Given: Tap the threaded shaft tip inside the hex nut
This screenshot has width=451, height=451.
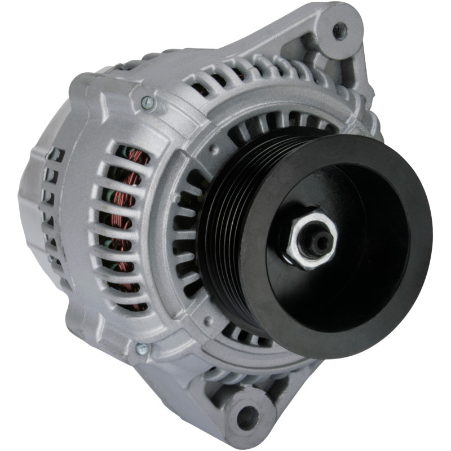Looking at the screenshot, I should click(x=320, y=241).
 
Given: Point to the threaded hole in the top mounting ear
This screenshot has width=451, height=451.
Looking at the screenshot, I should click(x=340, y=30).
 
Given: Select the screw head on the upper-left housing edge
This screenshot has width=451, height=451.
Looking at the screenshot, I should click(x=148, y=102).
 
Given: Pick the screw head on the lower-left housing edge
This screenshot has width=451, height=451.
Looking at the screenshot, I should click(x=142, y=349).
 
